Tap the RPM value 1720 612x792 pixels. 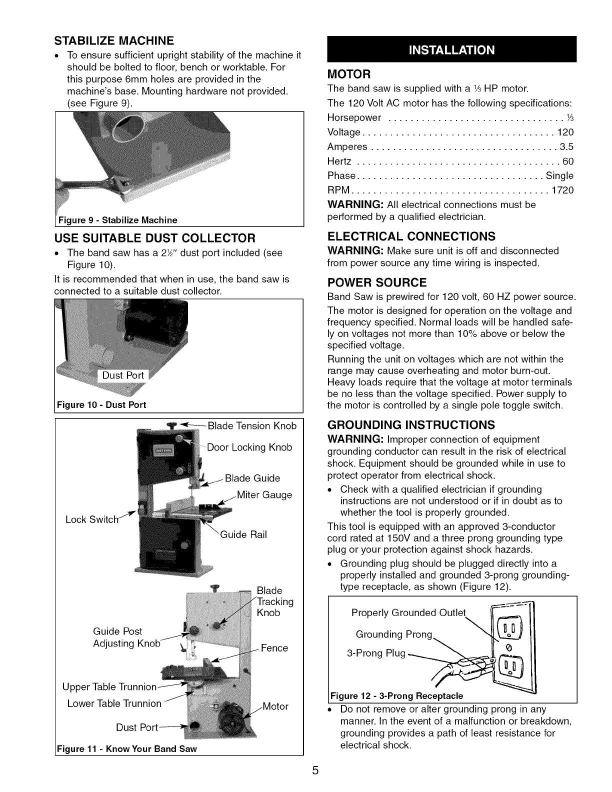[562, 190]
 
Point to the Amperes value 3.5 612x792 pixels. [566, 147]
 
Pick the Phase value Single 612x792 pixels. [559, 176]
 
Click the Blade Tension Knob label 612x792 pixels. [252, 426]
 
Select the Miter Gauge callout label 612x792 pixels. [264, 495]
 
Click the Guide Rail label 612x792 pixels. [243, 534]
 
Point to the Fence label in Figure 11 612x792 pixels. [274, 648]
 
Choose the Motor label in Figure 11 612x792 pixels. [275, 706]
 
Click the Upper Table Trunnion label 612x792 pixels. [109, 687]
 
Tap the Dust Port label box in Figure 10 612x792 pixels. [123, 375]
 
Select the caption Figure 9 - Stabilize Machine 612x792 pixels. [118, 220]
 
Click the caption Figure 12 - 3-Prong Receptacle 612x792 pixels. [396, 695]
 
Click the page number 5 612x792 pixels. [315, 770]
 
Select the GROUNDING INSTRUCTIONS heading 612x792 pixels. [411, 425]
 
